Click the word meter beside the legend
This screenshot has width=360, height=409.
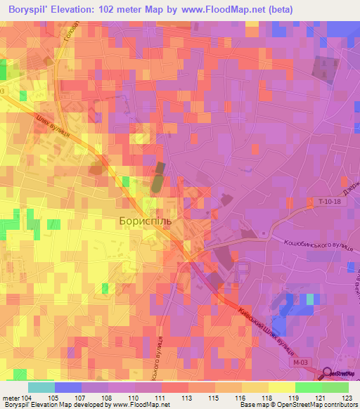point(11,398)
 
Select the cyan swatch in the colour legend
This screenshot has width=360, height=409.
point(41,387)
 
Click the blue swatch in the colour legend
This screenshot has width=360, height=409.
point(68,387)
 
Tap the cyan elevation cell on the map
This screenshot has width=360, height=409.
point(309,299)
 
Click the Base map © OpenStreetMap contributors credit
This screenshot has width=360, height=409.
point(298,405)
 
